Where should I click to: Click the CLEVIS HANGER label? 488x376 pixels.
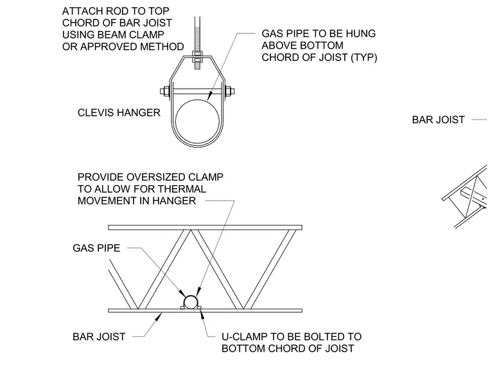pos(119,112)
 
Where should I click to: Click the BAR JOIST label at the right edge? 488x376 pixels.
pos(438,120)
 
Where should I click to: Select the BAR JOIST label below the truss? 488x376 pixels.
pos(99,336)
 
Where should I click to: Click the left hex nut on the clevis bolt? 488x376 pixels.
pos(165,91)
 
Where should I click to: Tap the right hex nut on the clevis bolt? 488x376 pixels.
pos(229,91)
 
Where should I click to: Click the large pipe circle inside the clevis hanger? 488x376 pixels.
pos(197,100)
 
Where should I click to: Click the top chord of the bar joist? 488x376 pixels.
pos(205,228)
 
